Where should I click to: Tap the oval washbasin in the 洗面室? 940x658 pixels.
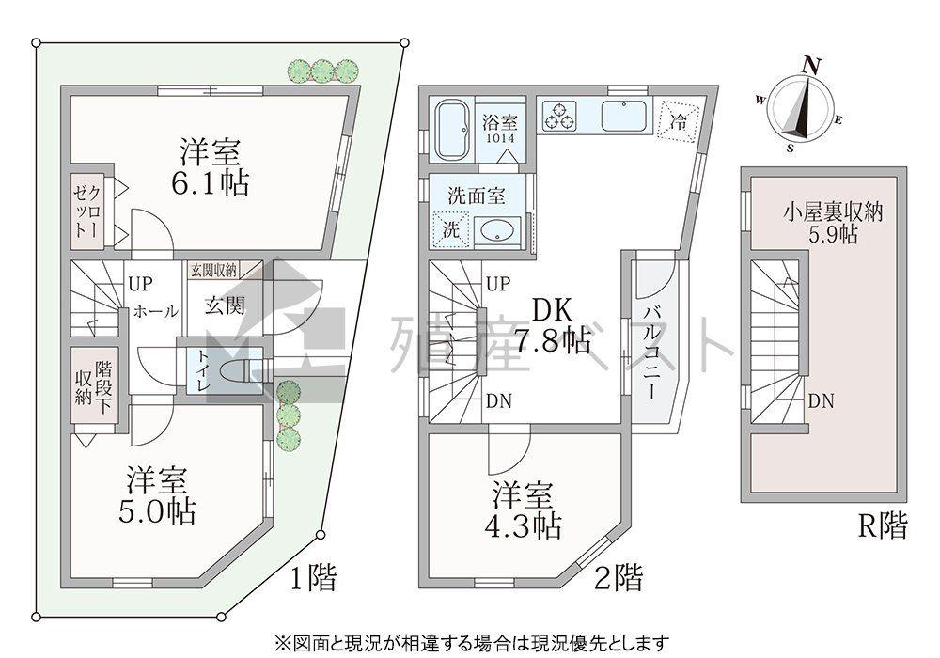[x=494, y=230]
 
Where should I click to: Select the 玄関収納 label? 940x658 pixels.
[x=213, y=271]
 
